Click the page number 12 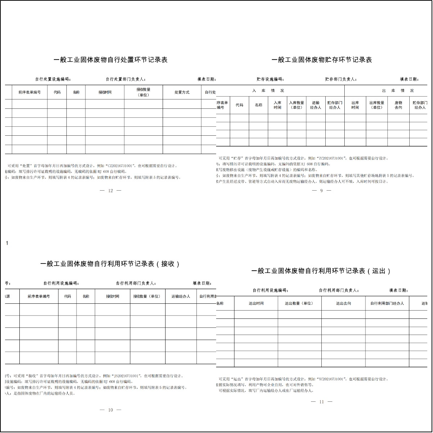[111, 191]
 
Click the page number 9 [321, 191]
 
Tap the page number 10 [111, 410]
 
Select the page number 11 [321, 402]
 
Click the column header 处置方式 [182, 92]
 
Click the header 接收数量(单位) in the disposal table [143, 92]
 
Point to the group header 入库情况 [268, 90]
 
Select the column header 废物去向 [398, 105]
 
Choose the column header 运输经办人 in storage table [316, 105]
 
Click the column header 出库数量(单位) [377, 105]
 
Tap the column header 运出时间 [256, 303]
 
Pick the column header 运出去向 [343, 303]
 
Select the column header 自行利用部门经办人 [387, 303]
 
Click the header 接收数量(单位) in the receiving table [147, 297]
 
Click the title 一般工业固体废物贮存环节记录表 [321, 60]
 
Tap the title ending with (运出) [321, 271]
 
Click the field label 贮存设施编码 [270, 79]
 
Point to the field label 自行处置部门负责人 [125, 79]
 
